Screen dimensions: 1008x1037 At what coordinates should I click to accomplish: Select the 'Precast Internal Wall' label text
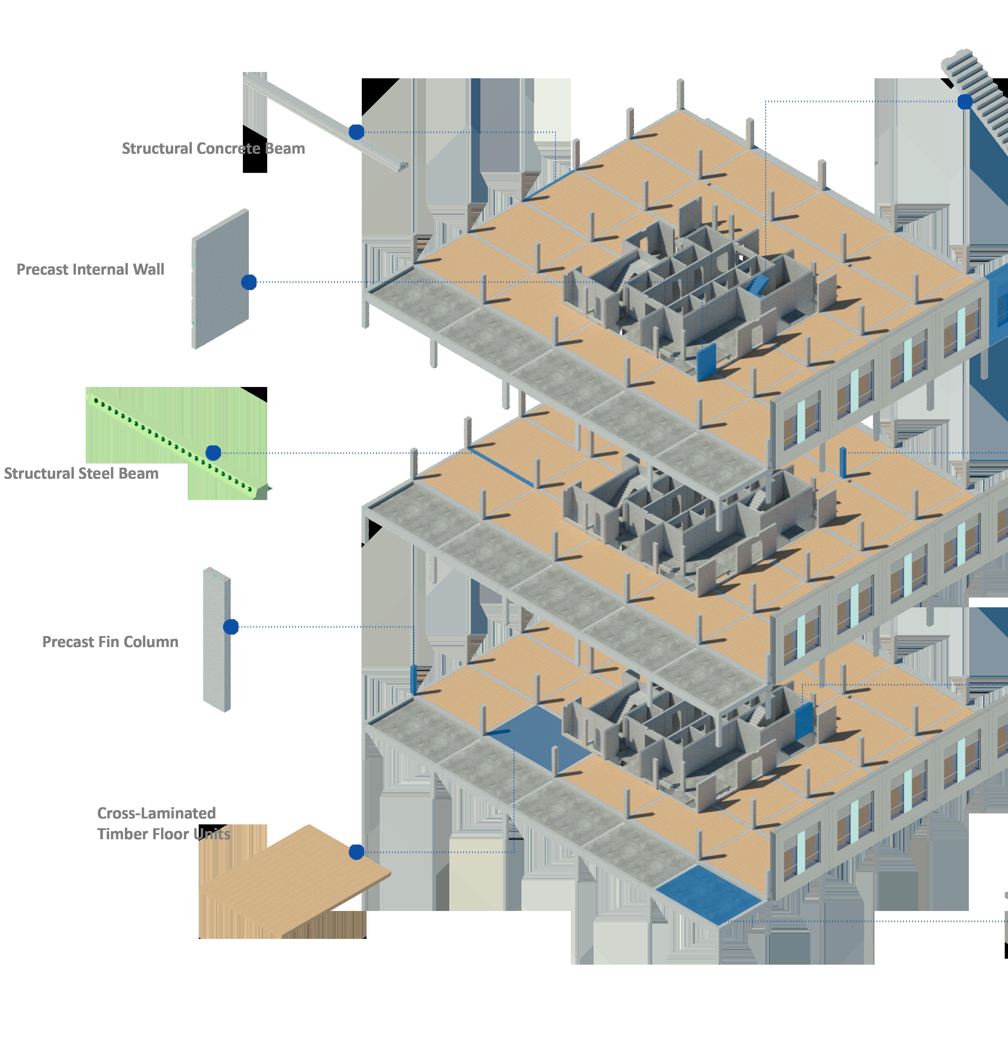pos(90,270)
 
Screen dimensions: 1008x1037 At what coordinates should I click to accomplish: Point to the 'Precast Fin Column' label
pos(110,642)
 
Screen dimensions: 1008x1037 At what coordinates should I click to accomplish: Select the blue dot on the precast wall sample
pos(249,282)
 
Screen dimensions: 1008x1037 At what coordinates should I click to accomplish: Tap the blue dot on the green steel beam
pos(213,453)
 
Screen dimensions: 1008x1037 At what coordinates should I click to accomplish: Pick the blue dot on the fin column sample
pos(231,627)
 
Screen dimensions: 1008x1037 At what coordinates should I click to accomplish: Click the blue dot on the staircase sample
pos(965,102)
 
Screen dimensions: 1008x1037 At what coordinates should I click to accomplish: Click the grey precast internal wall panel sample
pos(220,279)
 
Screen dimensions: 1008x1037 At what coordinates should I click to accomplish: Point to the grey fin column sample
pos(216,641)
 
